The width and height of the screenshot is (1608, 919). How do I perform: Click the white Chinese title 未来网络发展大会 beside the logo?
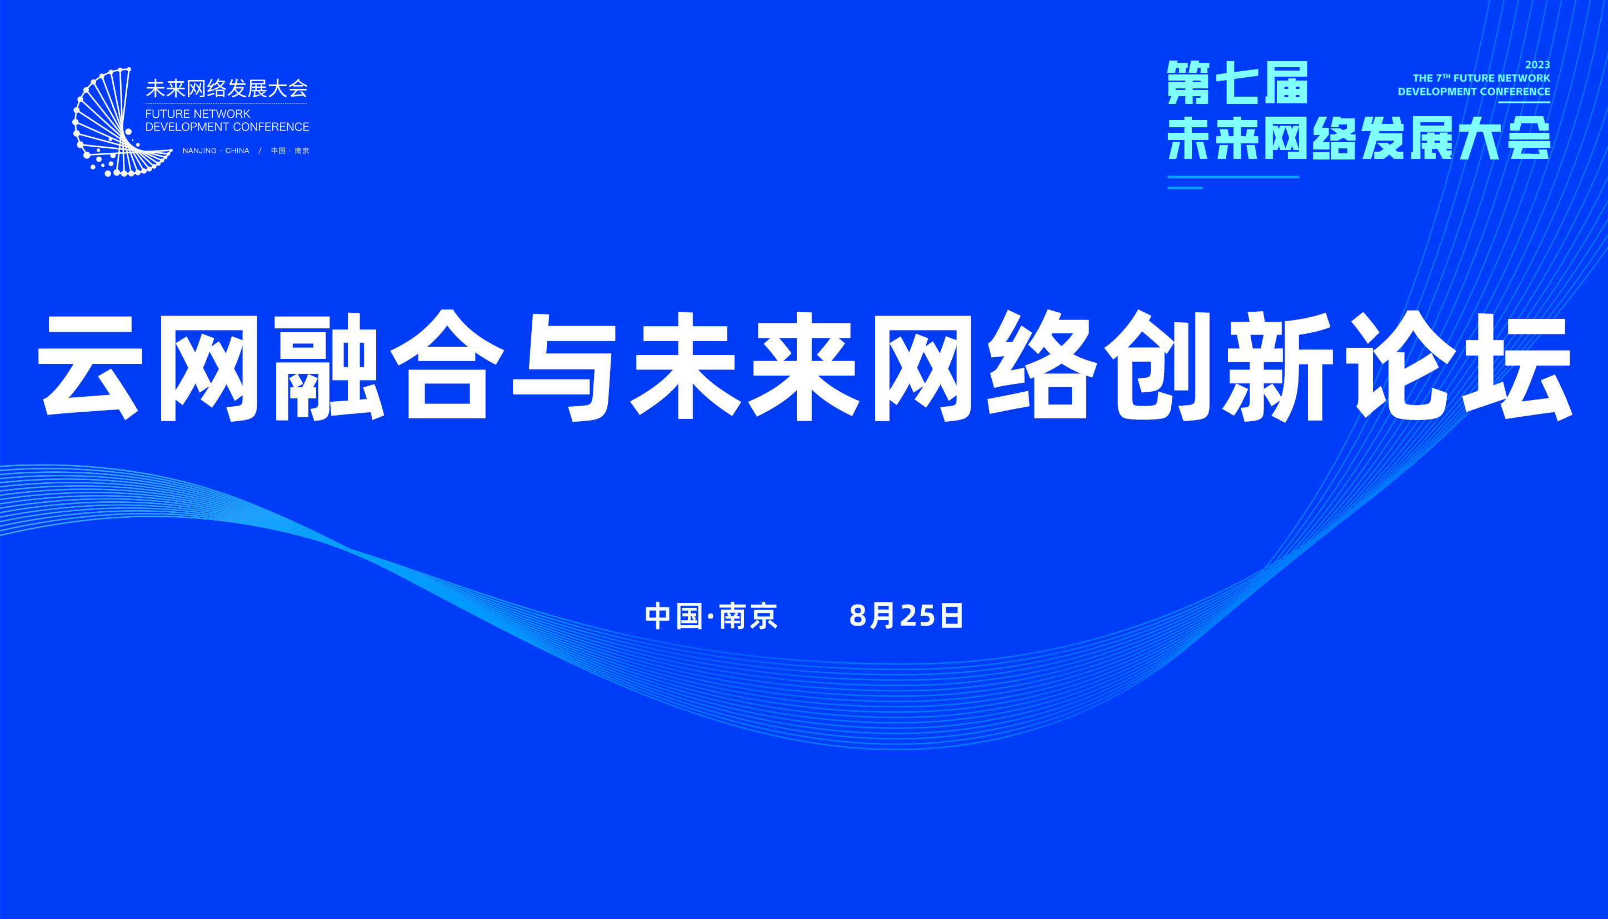tap(227, 89)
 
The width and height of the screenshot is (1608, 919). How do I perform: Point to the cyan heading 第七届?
tap(1237, 83)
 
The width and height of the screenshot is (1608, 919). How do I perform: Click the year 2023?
tap(1537, 65)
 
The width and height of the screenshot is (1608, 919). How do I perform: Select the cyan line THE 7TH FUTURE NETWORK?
tap(1481, 78)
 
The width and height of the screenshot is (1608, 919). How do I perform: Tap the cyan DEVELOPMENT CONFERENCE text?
tap(1474, 92)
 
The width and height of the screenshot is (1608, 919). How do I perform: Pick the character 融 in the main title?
tap(329, 366)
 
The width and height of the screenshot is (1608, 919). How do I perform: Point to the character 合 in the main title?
tap(447, 365)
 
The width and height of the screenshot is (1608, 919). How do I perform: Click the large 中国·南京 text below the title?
tap(711, 616)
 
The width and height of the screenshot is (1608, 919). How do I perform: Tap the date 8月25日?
tap(906, 616)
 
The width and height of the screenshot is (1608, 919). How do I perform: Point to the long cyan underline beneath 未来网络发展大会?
tap(1233, 177)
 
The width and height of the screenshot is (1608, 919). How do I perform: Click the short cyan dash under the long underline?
tap(1185, 187)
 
